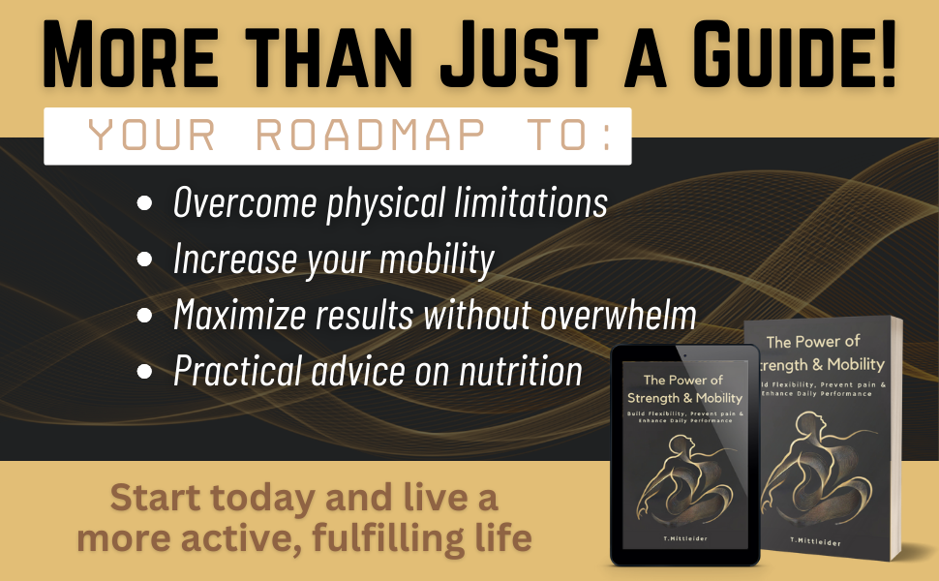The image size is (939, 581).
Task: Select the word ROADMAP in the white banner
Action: coord(371,135)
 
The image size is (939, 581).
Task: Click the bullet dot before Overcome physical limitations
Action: coord(144,203)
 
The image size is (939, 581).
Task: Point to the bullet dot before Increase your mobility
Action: coord(144,259)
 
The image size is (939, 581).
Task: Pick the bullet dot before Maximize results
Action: coord(144,315)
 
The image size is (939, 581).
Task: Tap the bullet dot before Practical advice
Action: coord(144,372)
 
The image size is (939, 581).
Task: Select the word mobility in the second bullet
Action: coord(437,260)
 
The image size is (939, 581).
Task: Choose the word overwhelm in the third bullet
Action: coord(619,314)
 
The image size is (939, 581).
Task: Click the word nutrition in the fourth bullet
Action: coord(521,371)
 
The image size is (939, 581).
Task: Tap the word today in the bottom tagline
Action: coord(262,498)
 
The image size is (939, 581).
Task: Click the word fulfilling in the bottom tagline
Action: coord(388,537)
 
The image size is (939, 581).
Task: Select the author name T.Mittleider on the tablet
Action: coord(685,538)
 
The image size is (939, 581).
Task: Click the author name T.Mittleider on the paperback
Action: coord(815,541)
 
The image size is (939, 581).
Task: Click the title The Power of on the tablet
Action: coord(683,380)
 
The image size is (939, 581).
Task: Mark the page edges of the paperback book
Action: coord(896,438)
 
